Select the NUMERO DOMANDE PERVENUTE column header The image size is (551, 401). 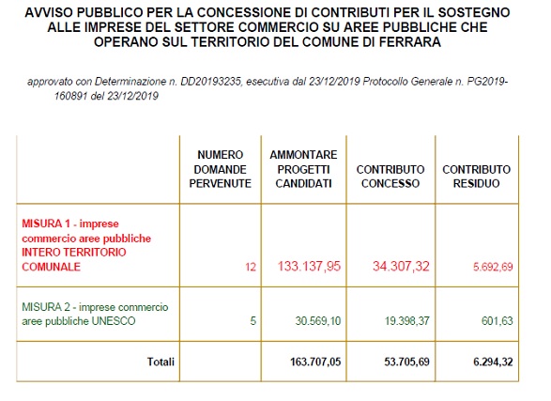(221, 169)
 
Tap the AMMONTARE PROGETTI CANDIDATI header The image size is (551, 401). (303, 169)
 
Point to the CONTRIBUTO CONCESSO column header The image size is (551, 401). (390, 177)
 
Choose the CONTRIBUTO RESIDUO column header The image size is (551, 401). (477, 177)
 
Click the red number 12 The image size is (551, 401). (251, 267)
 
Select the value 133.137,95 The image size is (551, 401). (309, 266)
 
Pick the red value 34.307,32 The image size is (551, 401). (401, 266)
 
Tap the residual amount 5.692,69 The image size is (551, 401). (493, 267)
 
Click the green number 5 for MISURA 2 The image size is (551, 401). (253, 321)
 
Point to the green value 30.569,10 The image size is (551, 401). (318, 321)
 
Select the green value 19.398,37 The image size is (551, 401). (407, 321)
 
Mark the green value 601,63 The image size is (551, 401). (497, 321)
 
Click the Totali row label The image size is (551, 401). (161, 362)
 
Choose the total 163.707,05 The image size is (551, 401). (315, 362)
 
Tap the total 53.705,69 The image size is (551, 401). (407, 362)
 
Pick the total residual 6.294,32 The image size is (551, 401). (493, 362)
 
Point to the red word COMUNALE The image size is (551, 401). (51, 267)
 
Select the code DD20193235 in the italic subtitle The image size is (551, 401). (211, 82)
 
